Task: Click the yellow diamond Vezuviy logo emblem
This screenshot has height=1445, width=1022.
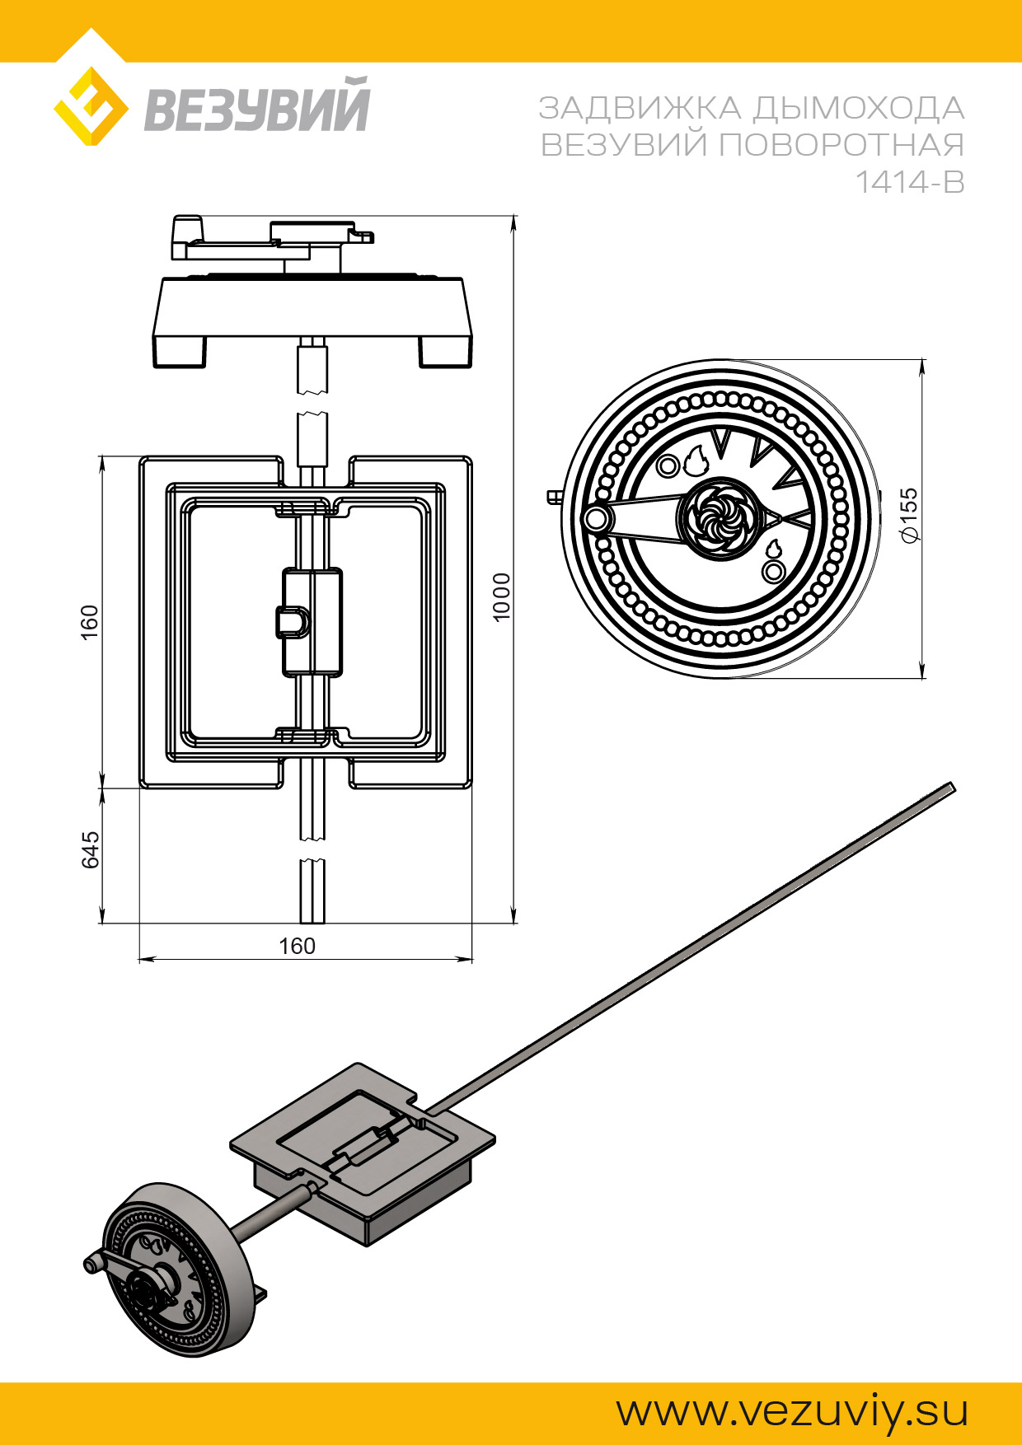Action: click(91, 106)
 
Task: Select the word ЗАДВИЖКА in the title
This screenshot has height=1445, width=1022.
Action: click(640, 109)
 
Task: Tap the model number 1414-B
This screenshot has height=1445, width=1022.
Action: click(909, 182)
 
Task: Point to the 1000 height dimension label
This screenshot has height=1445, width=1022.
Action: click(501, 596)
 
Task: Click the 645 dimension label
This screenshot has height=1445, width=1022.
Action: click(90, 849)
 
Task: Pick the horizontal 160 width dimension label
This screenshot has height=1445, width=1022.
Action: click(297, 946)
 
